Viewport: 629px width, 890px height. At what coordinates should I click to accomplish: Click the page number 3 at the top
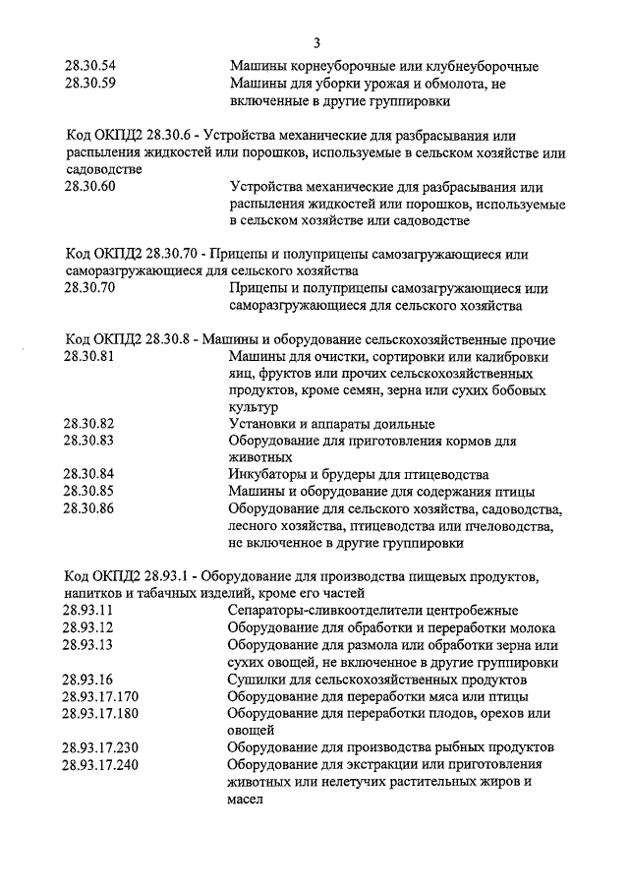pyautogui.click(x=317, y=42)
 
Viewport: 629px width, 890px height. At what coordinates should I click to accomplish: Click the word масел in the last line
pyautogui.click(x=247, y=799)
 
